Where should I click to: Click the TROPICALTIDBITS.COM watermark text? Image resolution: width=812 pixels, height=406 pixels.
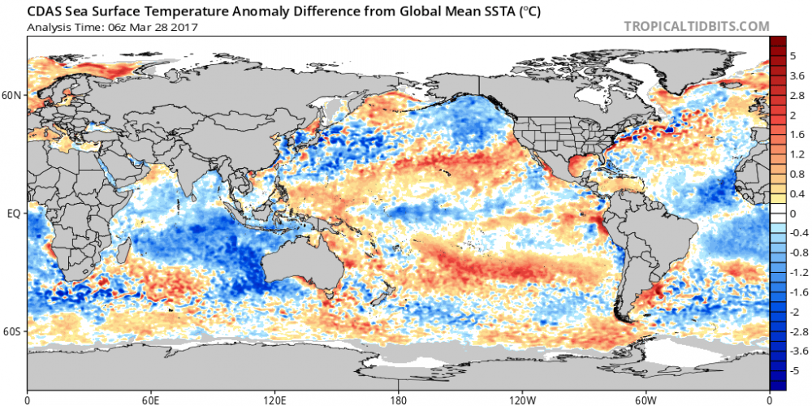[696, 26]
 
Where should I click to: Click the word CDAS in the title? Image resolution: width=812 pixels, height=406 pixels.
[44, 11]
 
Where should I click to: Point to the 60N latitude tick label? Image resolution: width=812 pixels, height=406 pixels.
[13, 95]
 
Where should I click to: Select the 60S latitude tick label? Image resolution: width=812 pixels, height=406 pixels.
[13, 332]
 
